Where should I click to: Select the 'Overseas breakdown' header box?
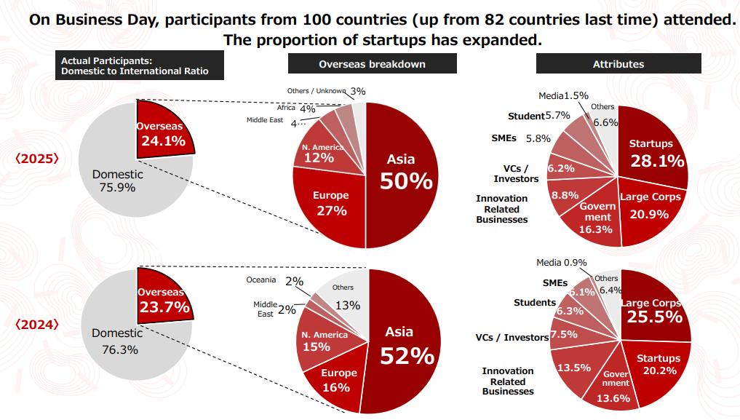(372, 64)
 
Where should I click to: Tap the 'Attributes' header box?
(618, 64)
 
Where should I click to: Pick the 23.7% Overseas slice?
(163, 298)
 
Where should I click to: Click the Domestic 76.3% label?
(117, 340)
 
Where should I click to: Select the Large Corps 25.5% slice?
(651, 309)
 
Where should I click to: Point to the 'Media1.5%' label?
(563, 95)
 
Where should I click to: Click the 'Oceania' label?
(261, 280)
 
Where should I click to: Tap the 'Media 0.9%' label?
(561, 263)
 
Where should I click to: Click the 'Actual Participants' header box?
(139, 66)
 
